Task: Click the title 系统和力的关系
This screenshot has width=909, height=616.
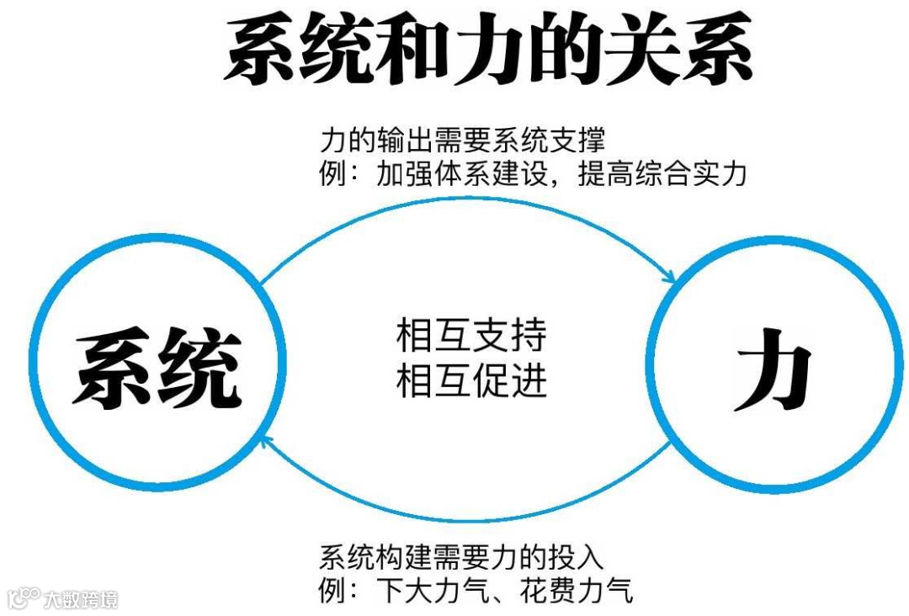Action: [x=487, y=51]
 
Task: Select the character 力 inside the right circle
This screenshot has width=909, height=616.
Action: [x=773, y=375]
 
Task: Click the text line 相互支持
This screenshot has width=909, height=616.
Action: [x=471, y=336]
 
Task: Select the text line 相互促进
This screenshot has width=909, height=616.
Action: [x=471, y=380]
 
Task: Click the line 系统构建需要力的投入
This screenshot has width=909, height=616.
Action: [x=462, y=556]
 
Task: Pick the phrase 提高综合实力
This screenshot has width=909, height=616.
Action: [x=662, y=173]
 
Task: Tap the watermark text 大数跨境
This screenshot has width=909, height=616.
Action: [x=82, y=598]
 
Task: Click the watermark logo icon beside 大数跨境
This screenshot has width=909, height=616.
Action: [x=24, y=597]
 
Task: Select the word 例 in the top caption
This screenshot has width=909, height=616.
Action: [x=332, y=173]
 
